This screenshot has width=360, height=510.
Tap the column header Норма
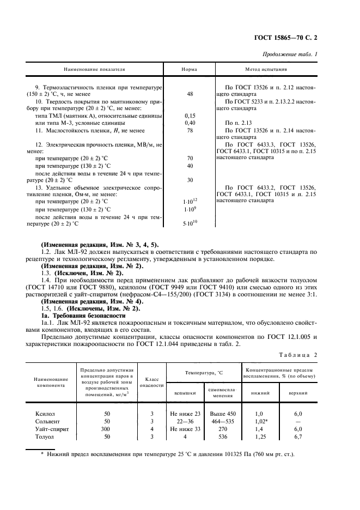tap(190, 70)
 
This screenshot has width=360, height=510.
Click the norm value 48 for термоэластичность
tap(190, 94)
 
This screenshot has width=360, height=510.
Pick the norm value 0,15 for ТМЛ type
tap(190, 116)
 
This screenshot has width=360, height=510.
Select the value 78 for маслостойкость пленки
tap(190, 130)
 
